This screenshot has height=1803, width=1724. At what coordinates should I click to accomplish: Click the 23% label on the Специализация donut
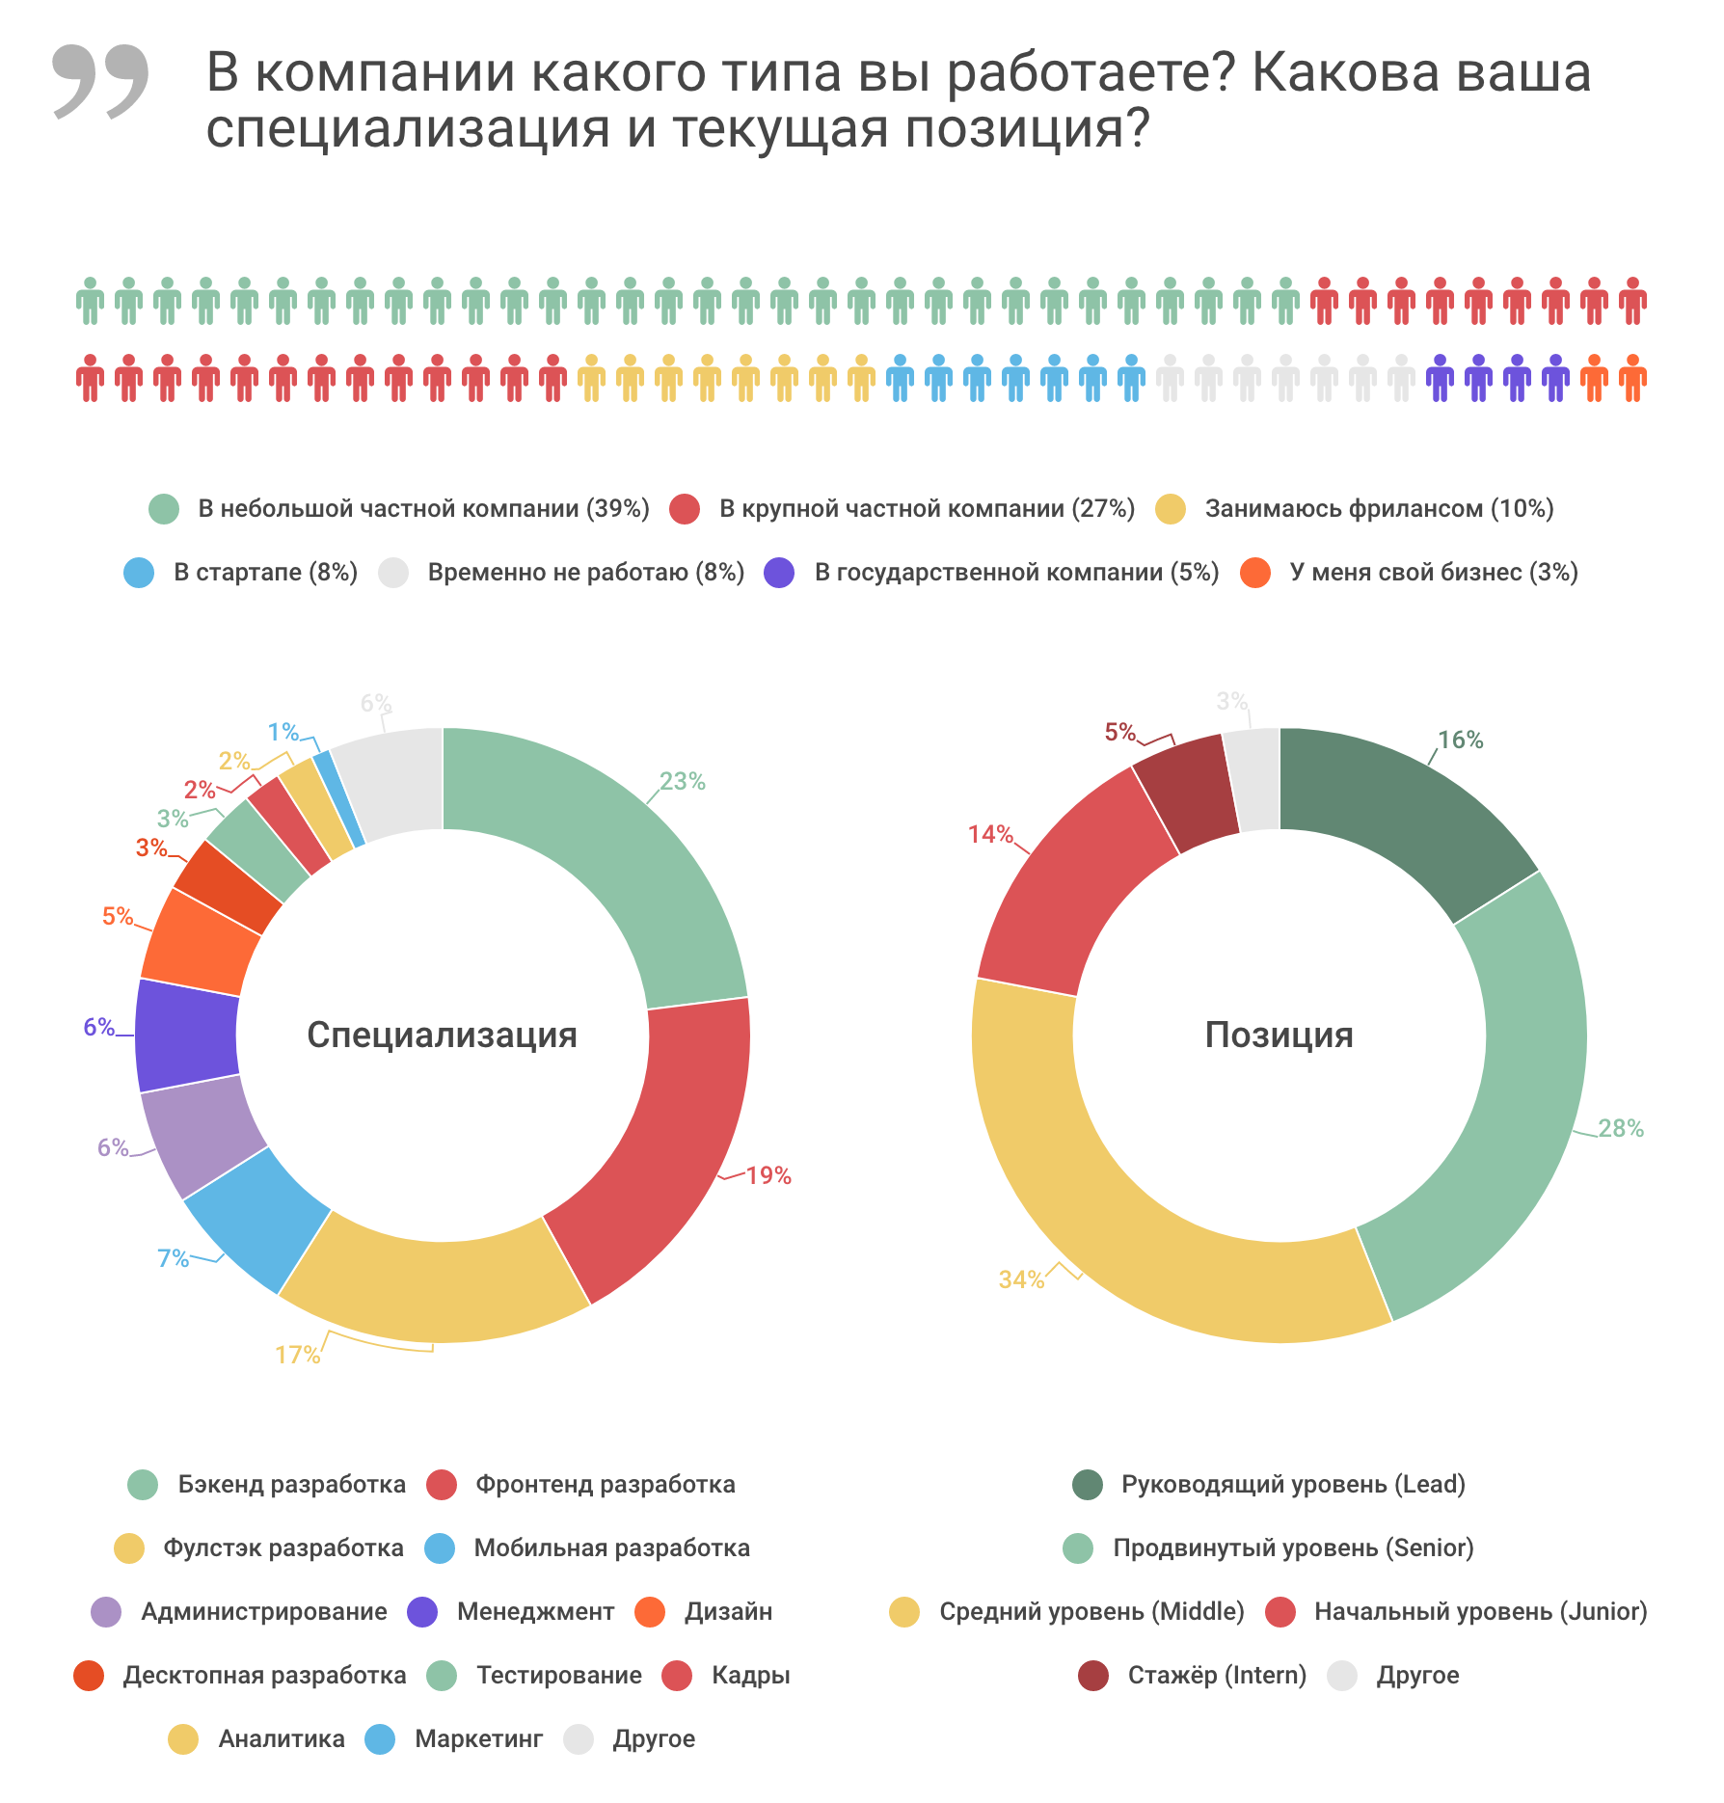(682, 781)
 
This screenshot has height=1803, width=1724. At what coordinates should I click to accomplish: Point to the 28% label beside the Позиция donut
(1620, 1128)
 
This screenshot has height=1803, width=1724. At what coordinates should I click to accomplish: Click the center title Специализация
(442, 1035)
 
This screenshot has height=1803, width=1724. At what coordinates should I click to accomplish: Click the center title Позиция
(1279, 1035)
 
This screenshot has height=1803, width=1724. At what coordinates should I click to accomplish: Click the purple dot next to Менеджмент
(422, 1612)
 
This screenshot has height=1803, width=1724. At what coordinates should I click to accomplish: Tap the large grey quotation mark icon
(100, 81)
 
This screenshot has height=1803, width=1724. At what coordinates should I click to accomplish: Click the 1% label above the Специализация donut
(283, 732)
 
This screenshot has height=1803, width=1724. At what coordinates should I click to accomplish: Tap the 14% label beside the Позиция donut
(990, 834)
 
